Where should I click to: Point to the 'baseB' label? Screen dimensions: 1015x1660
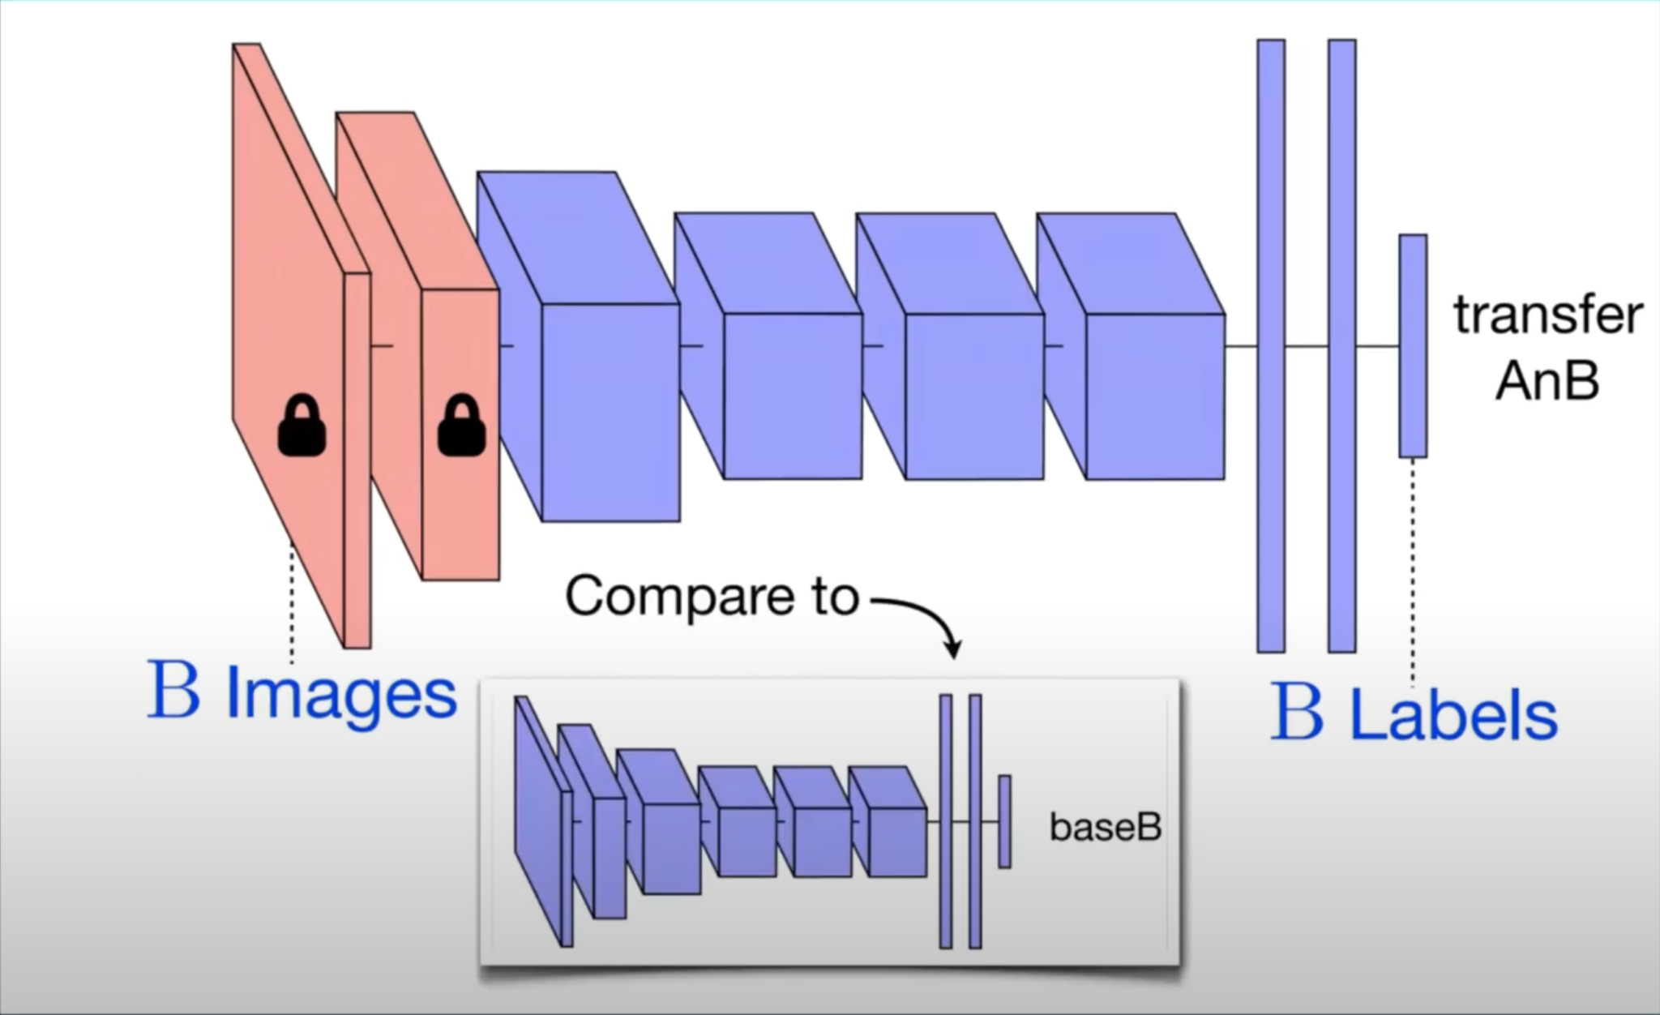tap(1106, 827)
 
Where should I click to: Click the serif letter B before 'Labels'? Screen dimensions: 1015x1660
tap(1297, 712)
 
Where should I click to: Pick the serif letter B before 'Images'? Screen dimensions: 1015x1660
tap(173, 691)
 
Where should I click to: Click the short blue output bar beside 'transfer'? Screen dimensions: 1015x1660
tap(1413, 345)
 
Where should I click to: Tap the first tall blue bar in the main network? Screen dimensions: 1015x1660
tap(1271, 345)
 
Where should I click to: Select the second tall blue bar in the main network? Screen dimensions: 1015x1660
tap(1342, 345)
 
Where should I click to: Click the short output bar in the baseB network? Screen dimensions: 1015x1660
tap(1004, 821)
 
